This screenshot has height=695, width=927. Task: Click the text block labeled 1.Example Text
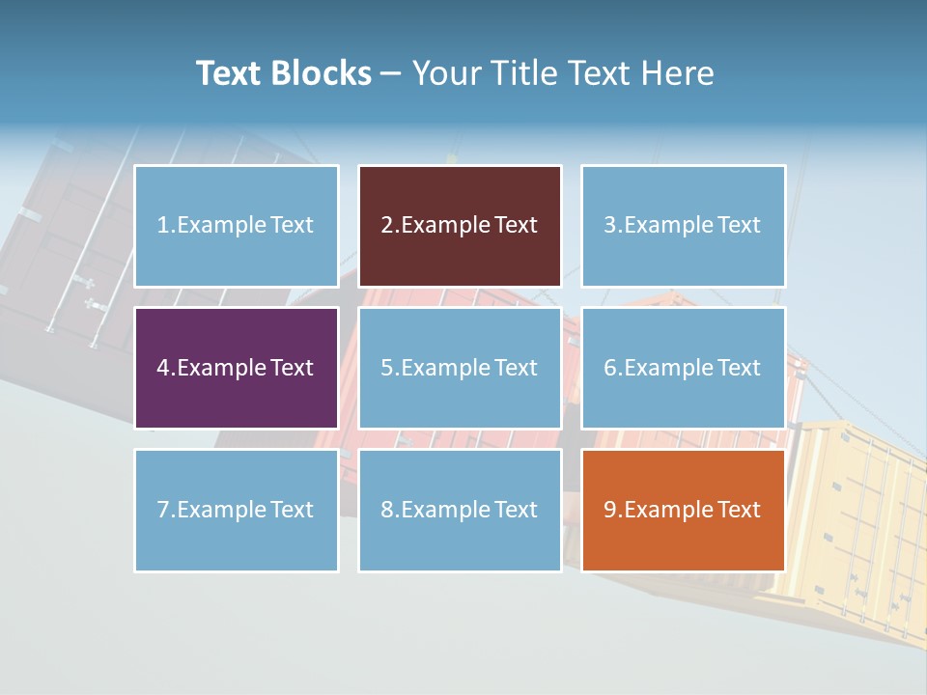(x=236, y=226)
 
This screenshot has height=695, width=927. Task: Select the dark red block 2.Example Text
(x=460, y=226)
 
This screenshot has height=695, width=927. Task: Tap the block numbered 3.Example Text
(x=683, y=226)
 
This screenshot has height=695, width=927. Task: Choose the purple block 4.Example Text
(x=236, y=368)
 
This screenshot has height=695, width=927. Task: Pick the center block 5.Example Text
(x=460, y=368)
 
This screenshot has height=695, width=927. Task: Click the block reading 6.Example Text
(x=683, y=368)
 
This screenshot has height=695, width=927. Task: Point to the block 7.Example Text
(x=236, y=510)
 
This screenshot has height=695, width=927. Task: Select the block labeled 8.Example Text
(x=460, y=510)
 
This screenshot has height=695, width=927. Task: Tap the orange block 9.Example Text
(x=683, y=510)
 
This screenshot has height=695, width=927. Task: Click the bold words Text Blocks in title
(x=284, y=73)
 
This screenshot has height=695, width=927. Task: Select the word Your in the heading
(x=447, y=73)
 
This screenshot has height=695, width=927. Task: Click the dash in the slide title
(x=391, y=73)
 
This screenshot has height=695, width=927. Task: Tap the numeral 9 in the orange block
(x=610, y=510)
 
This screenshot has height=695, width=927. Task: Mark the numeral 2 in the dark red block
(x=387, y=226)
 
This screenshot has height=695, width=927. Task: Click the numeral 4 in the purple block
(x=163, y=368)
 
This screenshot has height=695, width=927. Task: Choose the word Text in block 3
(x=739, y=226)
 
